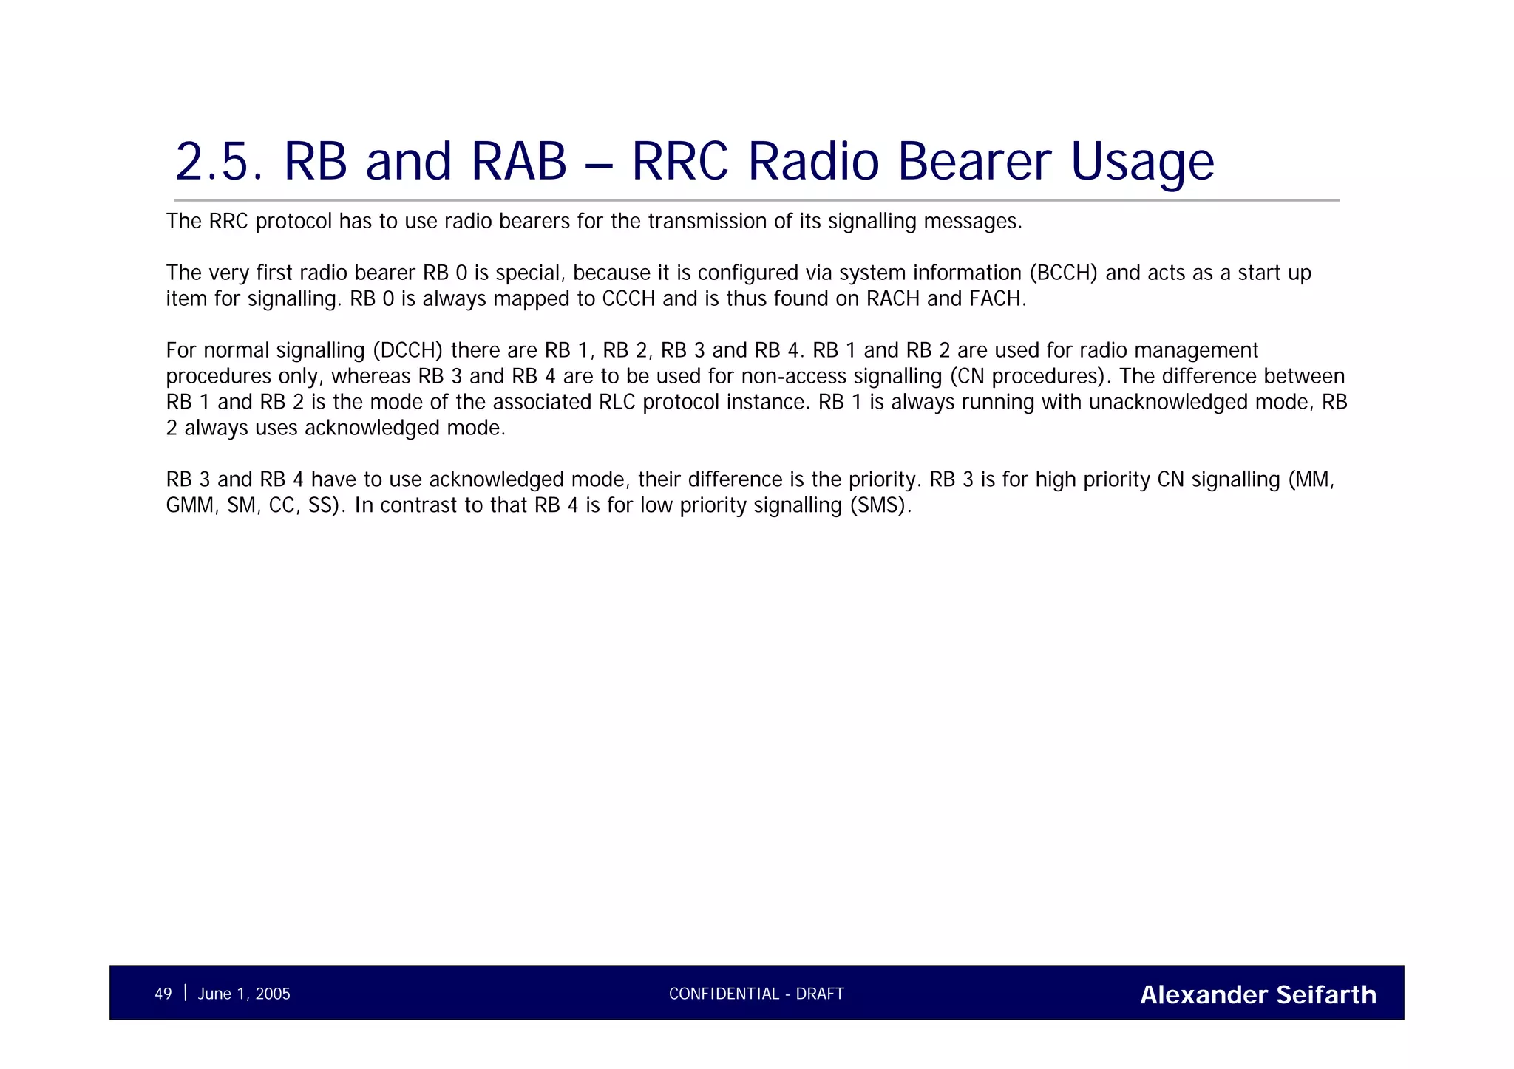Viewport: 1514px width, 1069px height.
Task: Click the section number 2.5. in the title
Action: (219, 162)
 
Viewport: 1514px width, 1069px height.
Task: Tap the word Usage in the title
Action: (1141, 162)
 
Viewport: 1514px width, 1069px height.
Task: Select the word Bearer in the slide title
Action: (974, 162)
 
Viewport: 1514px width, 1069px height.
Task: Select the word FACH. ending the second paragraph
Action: (997, 299)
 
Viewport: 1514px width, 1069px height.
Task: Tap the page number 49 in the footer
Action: (163, 994)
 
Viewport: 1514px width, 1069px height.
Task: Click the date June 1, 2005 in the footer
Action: (244, 994)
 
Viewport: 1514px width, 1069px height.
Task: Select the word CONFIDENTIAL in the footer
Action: (724, 994)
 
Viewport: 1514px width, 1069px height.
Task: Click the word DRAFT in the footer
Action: (820, 994)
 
